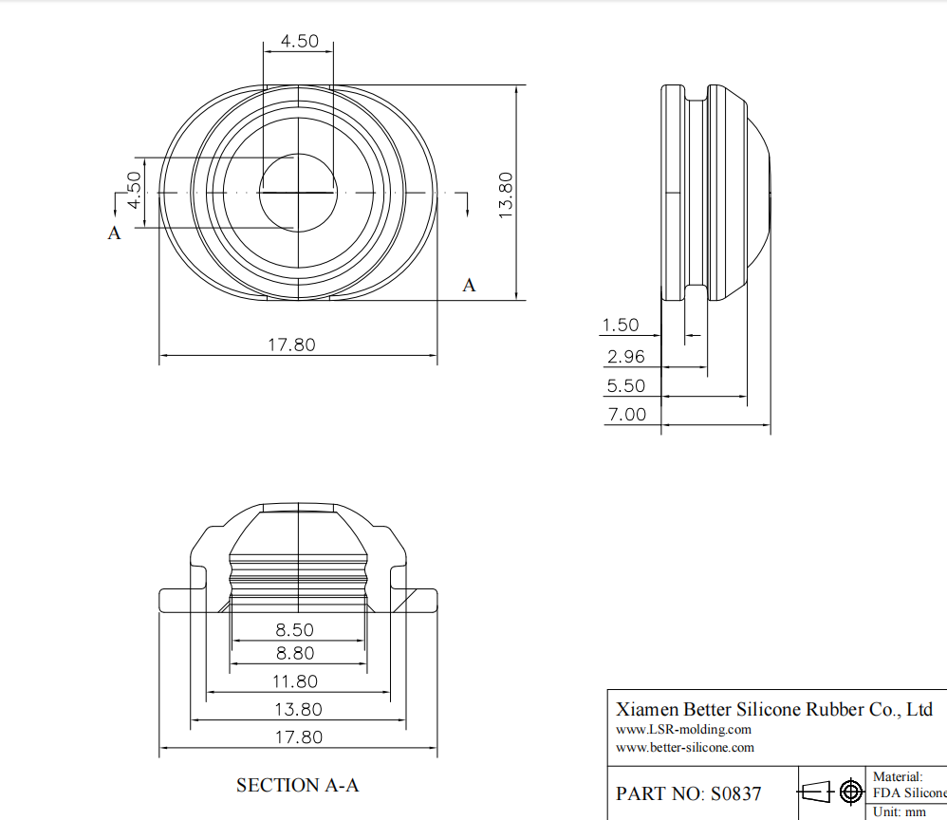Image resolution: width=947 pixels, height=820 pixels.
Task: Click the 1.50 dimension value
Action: click(x=621, y=325)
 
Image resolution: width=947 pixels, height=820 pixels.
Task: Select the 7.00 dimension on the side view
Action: click(x=625, y=414)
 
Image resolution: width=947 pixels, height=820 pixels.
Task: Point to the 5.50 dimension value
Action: click(x=625, y=385)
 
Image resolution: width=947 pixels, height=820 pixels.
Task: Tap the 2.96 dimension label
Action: click(x=625, y=356)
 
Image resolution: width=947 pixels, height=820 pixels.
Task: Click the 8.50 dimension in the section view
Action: click(x=295, y=629)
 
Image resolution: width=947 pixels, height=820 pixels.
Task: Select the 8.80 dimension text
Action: click(x=295, y=653)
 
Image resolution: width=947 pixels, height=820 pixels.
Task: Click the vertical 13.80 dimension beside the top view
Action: click(x=506, y=195)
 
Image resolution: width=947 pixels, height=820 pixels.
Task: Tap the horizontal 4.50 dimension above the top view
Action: click(x=299, y=42)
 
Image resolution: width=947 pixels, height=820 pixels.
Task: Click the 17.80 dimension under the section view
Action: click(x=297, y=736)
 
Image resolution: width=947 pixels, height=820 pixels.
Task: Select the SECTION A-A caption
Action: click(x=297, y=785)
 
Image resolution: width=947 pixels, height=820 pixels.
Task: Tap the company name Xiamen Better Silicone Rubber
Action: click(x=773, y=709)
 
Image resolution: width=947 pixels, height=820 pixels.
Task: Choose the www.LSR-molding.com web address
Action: click(x=683, y=729)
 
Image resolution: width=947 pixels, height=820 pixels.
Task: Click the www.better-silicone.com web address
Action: click(x=685, y=747)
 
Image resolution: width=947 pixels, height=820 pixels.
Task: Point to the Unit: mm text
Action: click(x=900, y=811)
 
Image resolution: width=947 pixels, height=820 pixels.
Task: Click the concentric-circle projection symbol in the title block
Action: click(x=851, y=792)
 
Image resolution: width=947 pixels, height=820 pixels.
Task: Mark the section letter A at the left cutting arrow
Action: click(x=114, y=233)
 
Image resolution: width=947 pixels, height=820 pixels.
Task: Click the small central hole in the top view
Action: click(x=298, y=192)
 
